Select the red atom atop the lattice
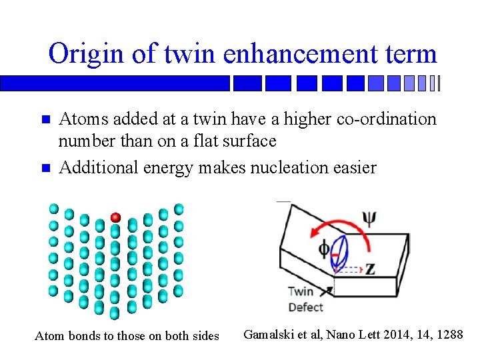tap(115, 217)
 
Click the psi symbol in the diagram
tap(368, 219)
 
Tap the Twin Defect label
tap(305, 299)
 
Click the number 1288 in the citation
tap(448, 334)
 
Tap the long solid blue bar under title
tap(115, 83)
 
